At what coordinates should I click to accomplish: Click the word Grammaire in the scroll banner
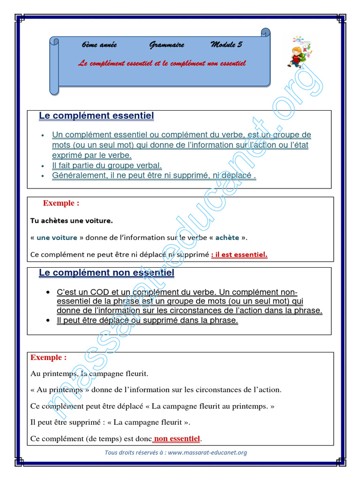pos(166,45)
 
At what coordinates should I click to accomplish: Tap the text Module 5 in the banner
pos(226,45)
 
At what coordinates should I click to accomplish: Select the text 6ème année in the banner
pos(99,45)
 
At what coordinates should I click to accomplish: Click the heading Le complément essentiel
pos(96,116)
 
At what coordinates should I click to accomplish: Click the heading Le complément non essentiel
pos(106,273)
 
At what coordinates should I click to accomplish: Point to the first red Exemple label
pos(61,203)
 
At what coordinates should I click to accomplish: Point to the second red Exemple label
pos(48,358)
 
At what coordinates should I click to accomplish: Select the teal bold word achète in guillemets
pos(227,238)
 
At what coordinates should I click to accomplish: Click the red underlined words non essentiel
pos(177,439)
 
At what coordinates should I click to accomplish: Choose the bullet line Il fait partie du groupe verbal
pos(107,165)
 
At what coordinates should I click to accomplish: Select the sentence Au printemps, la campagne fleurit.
pos(89,374)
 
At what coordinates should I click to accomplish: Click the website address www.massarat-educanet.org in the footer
pos(207,453)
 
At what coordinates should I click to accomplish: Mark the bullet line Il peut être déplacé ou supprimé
pos(147,321)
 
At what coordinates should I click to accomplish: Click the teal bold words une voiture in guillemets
pos(57,238)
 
